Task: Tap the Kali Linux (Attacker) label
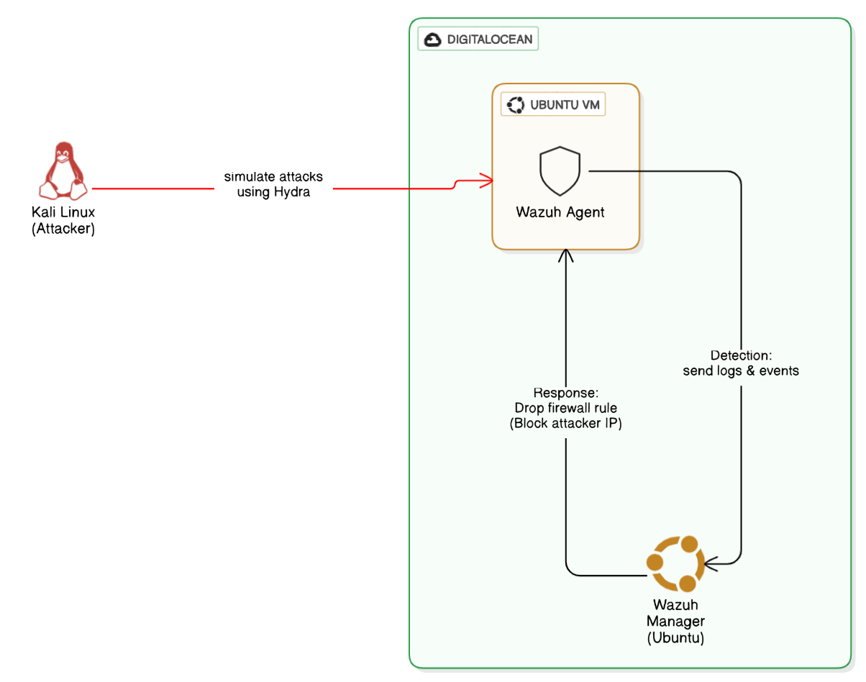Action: [x=63, y=221]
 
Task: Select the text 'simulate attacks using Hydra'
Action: [x=273, y=184]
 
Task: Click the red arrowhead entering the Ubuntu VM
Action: [x=486, y=179]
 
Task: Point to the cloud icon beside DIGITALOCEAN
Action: [x=433, y=40]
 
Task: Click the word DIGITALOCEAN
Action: [x=490, y=40]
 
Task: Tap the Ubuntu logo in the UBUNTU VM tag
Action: [x=516, y=105]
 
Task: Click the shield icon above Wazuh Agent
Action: [x=560, y=172]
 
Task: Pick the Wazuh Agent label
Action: [x=560, y=212]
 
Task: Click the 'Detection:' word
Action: [x=741, y=355]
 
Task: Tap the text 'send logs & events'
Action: [x=741, y=371]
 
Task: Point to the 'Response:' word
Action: [x=565, y=393]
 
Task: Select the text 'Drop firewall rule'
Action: [x=565, y=408]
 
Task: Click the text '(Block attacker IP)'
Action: [x=565, y=424]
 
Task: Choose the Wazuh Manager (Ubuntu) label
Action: [x=675, y=622]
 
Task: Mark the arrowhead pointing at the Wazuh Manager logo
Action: [x=711, y=563]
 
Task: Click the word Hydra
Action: [x=292, y=192]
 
